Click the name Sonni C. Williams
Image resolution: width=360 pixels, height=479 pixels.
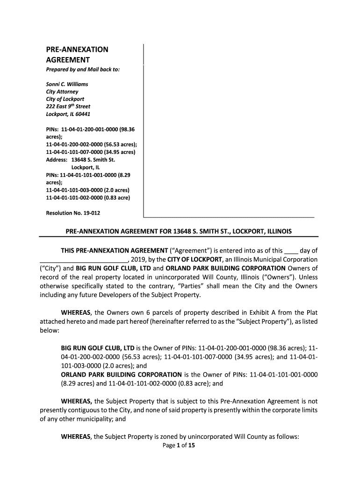pos(67,84)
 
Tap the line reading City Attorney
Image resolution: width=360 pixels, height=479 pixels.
pos(62,92)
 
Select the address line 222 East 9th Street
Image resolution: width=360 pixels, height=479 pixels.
pos(68,106)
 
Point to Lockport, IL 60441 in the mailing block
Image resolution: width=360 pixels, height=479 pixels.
pos(68,114)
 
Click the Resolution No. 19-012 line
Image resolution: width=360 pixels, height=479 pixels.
pos(73,213)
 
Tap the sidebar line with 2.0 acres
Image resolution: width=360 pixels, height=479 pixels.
pos(87,190)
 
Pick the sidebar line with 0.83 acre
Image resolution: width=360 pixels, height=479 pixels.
pos(88,197)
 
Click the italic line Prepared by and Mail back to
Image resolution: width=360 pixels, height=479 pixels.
pos(83,69)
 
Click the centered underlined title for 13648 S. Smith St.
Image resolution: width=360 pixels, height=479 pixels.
pos(178,232)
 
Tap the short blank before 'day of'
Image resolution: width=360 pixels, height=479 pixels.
pos(291,251)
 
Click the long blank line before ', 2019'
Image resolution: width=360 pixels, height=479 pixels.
pos(83,260)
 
